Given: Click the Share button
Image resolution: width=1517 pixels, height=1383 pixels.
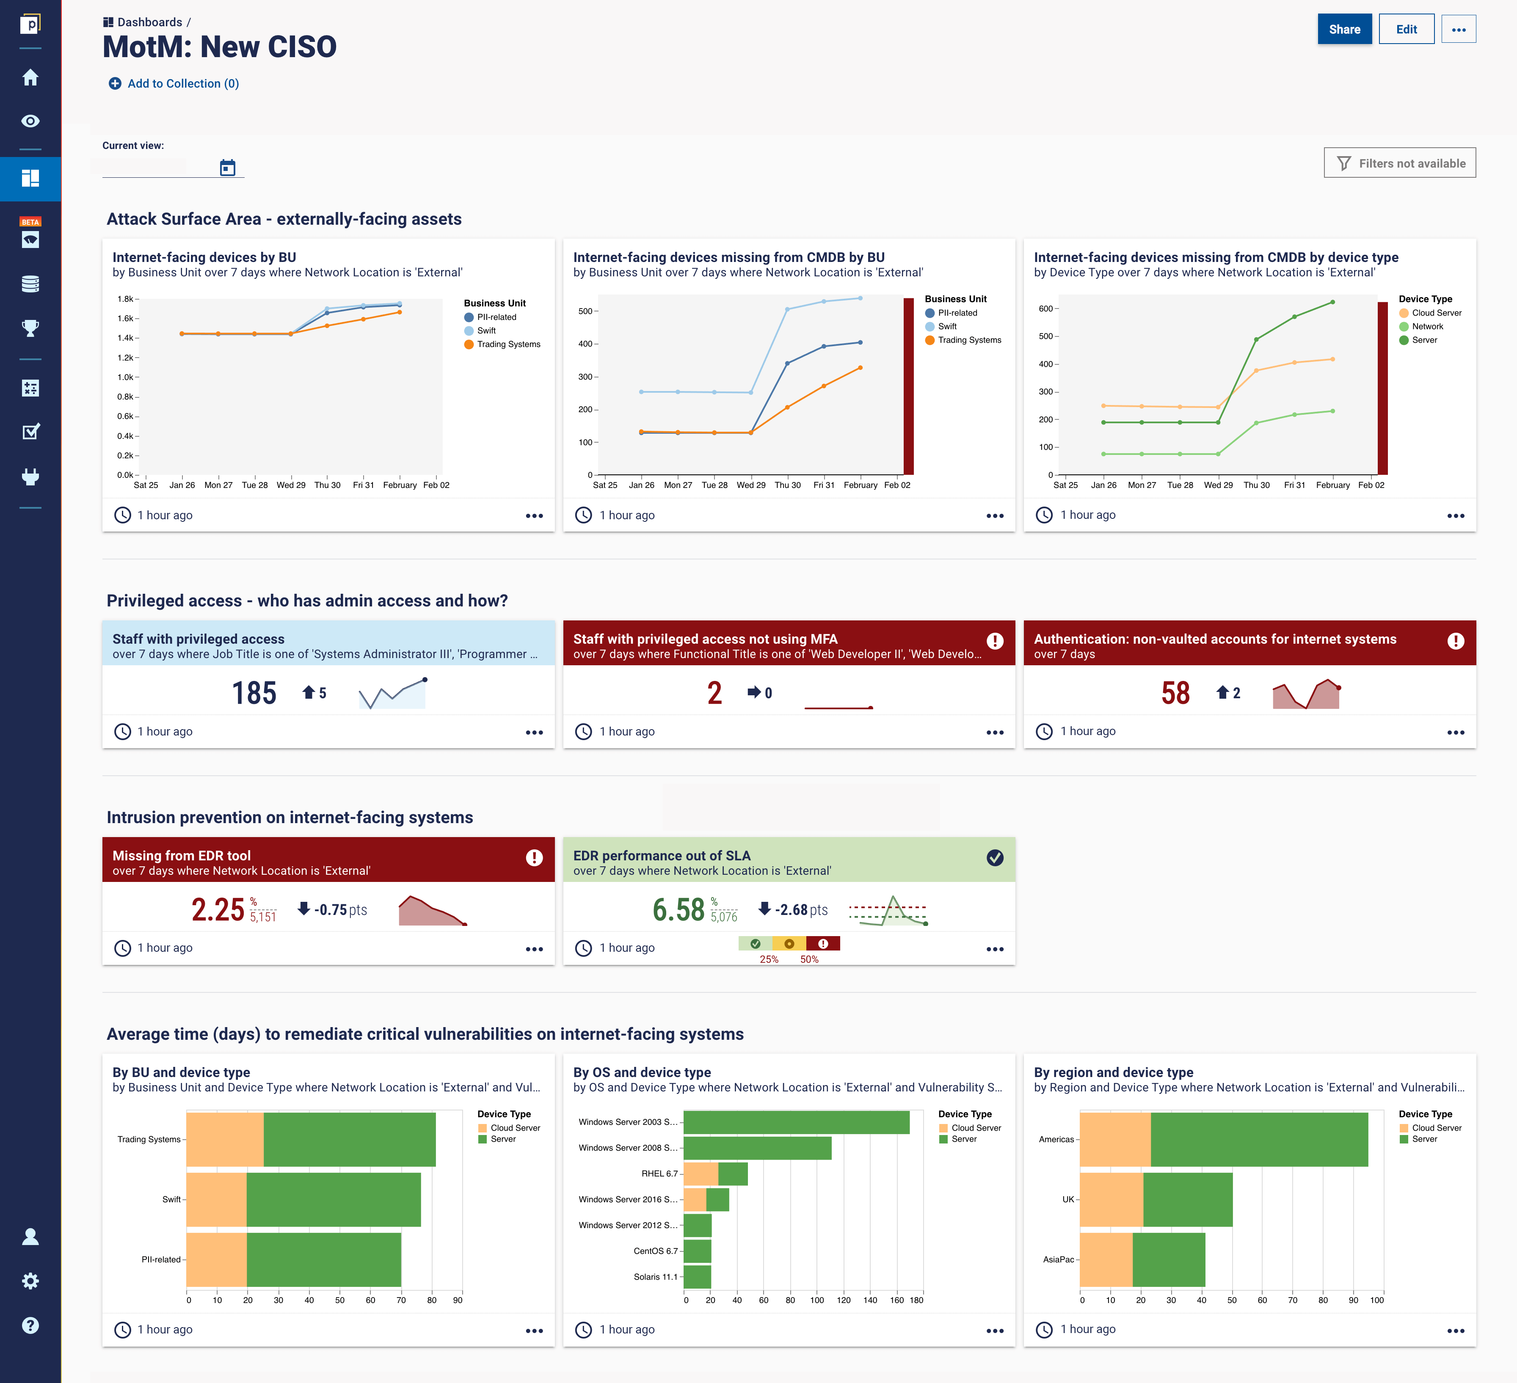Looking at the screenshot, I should point(1344,29).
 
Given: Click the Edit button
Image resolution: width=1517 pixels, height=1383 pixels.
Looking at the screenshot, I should point(1406,29).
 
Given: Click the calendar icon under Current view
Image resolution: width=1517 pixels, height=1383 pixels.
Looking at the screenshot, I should point(227,167).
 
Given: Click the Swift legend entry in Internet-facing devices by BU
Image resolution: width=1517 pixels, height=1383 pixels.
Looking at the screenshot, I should point(485,331).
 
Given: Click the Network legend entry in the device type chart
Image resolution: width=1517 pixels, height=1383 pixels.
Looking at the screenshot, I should point(1427,327).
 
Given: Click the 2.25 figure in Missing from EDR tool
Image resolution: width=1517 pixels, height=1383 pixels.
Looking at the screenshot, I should point(218,910).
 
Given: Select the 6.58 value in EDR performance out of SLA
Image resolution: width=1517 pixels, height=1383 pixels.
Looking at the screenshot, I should point(678,910).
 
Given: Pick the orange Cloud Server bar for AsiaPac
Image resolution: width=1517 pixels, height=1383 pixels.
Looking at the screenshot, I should point(1106,1259).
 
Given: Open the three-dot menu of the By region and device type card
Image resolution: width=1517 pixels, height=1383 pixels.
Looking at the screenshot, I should point(1455,1331).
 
